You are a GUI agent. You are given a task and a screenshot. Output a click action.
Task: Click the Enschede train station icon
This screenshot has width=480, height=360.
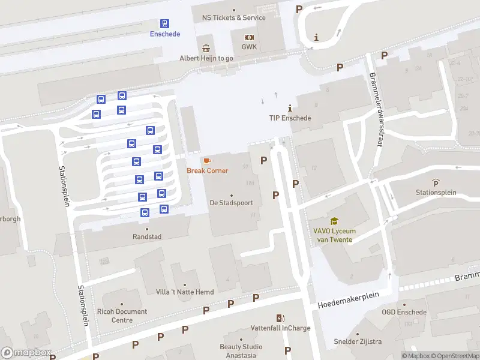coord(164,23)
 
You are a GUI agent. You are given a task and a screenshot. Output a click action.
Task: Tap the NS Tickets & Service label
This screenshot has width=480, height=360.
coord(234,18)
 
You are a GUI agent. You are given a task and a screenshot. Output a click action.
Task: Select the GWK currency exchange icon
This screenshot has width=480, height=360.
coord(249,37)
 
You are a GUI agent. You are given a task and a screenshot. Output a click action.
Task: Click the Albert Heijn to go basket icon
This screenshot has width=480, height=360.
coord(206,48)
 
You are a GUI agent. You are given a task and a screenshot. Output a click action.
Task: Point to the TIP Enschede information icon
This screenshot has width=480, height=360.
coord(290,108)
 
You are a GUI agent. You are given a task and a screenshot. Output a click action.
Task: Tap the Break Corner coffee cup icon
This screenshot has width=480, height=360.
coord(207,161)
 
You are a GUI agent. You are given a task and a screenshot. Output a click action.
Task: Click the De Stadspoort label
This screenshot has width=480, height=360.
coord(231,203)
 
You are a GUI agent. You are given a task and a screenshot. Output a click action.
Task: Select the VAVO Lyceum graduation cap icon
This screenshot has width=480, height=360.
coord(334,221)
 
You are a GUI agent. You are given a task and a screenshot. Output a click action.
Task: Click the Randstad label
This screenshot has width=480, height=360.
coord(147,237)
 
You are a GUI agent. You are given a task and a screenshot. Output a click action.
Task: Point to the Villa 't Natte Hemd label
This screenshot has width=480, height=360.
coord(184,292)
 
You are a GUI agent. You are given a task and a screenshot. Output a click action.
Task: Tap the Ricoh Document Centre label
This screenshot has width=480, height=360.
coord(121,316)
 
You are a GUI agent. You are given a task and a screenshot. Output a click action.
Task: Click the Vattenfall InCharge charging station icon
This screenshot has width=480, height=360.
coord(280,318)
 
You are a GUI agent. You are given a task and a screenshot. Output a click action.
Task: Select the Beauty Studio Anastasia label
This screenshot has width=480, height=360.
coord(241,350)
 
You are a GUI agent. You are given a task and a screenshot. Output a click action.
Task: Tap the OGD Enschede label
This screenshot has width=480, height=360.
coord(404,312)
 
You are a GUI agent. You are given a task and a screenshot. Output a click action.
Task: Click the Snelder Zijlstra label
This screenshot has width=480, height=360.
coord(358,342)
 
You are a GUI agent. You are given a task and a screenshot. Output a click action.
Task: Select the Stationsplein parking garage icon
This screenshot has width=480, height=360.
coord(436,182)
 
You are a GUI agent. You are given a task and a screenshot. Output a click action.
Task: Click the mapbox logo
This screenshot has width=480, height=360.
coord(25,353)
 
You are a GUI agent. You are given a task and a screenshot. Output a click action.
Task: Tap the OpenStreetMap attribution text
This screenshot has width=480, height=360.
coord(455,356)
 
